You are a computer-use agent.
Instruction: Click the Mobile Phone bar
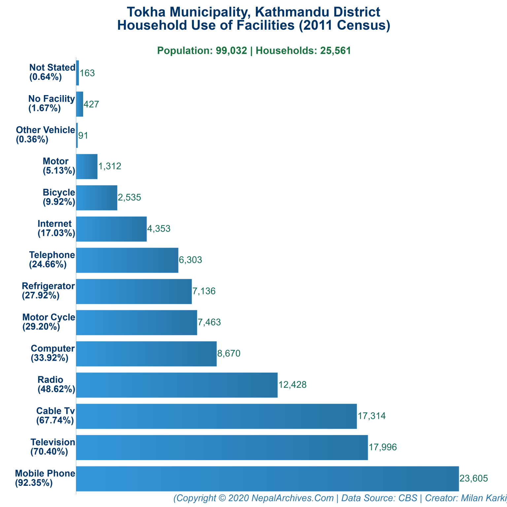(x=267, y=479)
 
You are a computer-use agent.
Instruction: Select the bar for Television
(x=222, y=447)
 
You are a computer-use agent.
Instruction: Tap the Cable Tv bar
(x=216, y=416)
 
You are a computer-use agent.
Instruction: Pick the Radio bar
(x=177, y=385)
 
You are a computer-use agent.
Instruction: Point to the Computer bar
(x=146, y=354)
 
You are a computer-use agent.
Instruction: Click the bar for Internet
(x=111, y=229)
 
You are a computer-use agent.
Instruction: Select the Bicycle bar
(x=96, y=197)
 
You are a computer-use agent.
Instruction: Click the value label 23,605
(x=474, y=478)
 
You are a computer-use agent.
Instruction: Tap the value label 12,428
(x=292, y=385)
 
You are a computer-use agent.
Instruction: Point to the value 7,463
(x=209, y=322)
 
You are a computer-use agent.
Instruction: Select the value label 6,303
(x=190, y=260)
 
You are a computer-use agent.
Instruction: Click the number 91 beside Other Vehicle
(x=83, y=135)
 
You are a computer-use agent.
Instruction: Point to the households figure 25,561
(x=335, y=51)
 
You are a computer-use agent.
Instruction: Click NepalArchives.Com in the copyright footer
(x=292, y=498)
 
